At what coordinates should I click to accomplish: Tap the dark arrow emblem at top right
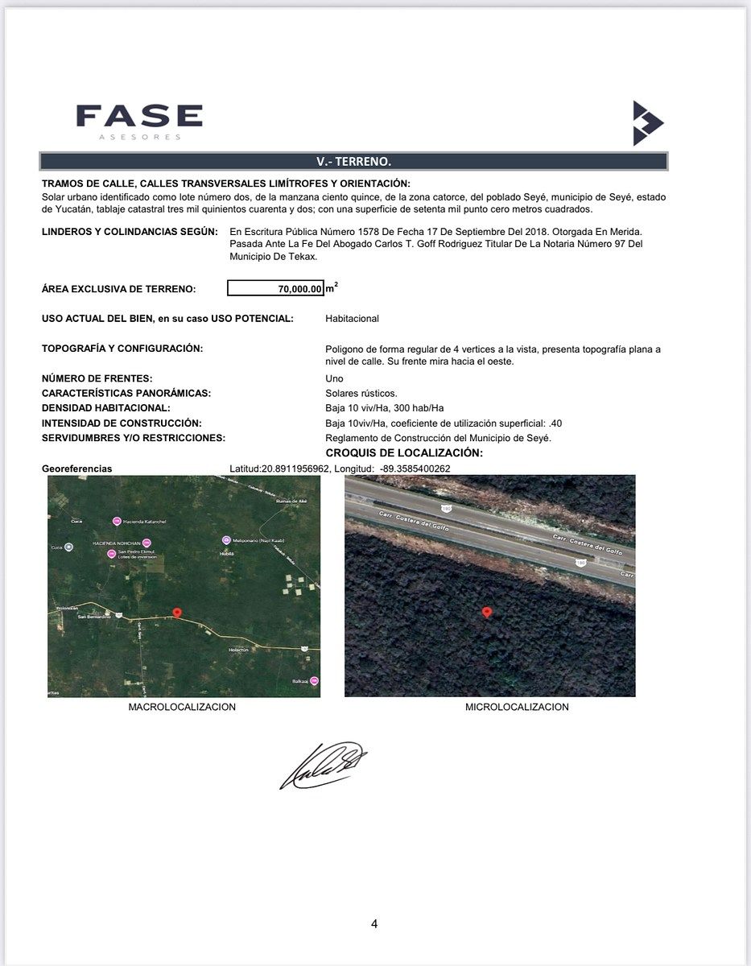[x=647, y=123]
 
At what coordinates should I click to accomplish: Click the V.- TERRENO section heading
[x=353, y=161]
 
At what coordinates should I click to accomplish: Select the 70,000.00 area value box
[x=275, y=288]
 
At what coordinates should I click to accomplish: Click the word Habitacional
[x=352, y=319]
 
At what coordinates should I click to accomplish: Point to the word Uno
[x=334, y=378]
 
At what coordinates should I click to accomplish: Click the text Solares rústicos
[x=361, y=394]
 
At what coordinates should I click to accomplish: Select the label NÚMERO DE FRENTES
[x=97, y=378]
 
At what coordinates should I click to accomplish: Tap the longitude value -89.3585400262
[x=415, y=469]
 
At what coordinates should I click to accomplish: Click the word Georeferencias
[x=77, y=469]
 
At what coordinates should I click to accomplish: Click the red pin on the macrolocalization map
[x=177, y=613]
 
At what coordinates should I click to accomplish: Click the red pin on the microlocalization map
[x=486, y=613]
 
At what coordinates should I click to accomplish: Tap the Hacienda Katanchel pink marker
[x=117, y=520]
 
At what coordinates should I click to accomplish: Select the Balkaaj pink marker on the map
[x=314, y=681]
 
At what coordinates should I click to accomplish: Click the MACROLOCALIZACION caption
[x=182, y=708]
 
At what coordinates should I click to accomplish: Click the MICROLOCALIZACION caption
[x=517, y=708]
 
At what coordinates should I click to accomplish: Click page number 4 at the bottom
[x=374, y=923]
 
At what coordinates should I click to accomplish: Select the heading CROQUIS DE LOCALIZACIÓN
[x=404, y=453]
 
